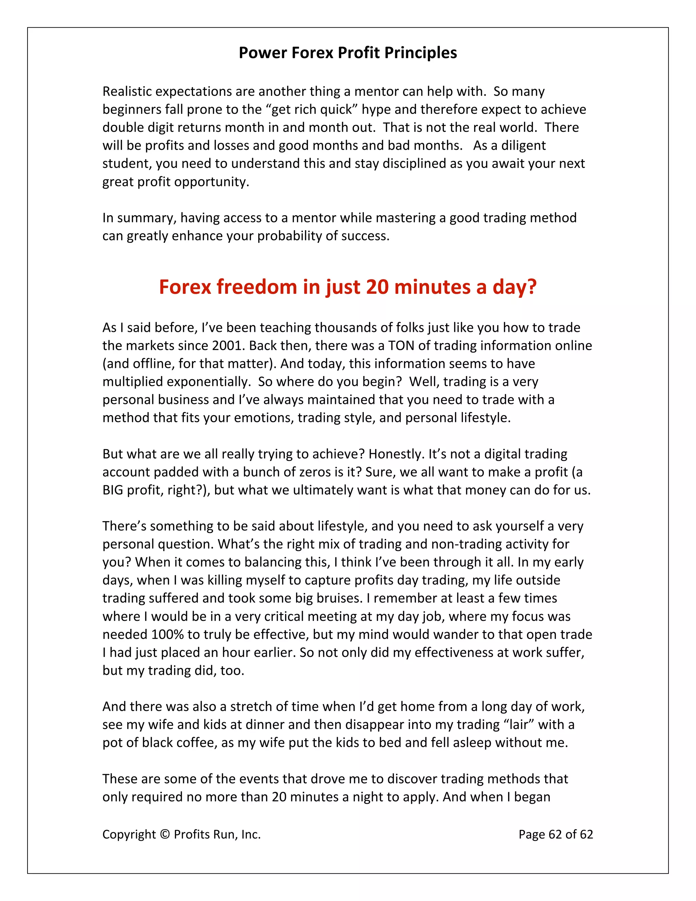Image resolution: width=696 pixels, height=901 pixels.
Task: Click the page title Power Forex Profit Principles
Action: tap(348, 53)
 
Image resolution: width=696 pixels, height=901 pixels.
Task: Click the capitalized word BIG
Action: tap(112, 490)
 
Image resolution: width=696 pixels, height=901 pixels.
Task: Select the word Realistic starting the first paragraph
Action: tap(127, 91)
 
